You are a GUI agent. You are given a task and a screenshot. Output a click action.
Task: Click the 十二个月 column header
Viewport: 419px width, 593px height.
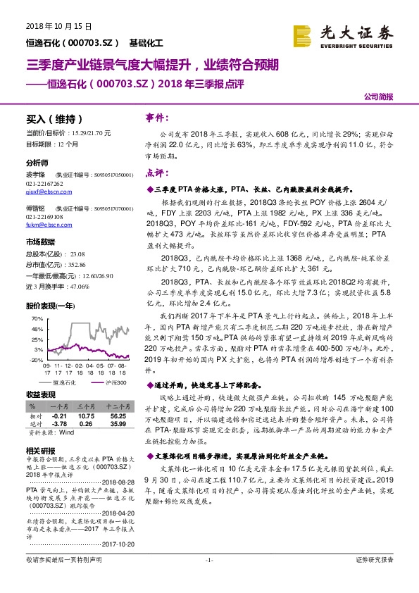tap(116, 407)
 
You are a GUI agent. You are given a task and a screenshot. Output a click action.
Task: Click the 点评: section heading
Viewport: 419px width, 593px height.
tap(156, 173)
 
